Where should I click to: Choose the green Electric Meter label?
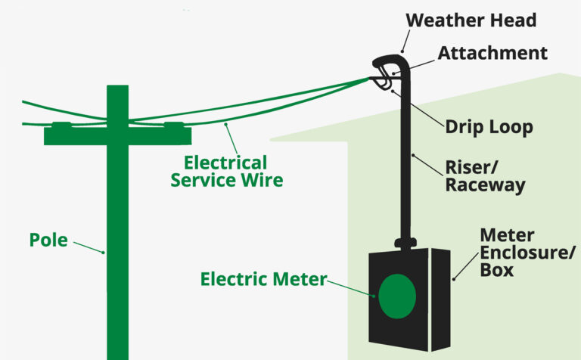click(263, 279)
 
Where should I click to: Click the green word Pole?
click(48, 241)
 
